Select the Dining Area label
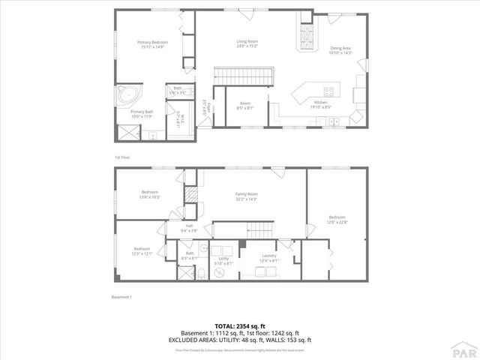coord(340,50)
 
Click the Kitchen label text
coord(321,104)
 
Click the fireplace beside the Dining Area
coord(306,35)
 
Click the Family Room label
coord(246,196)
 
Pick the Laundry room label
coord(268,257)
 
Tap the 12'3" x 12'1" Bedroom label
coord(142,250)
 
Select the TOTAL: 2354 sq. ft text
coord(239,325)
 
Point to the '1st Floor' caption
coord(122,157)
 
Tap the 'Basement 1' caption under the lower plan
coord(121,297)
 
